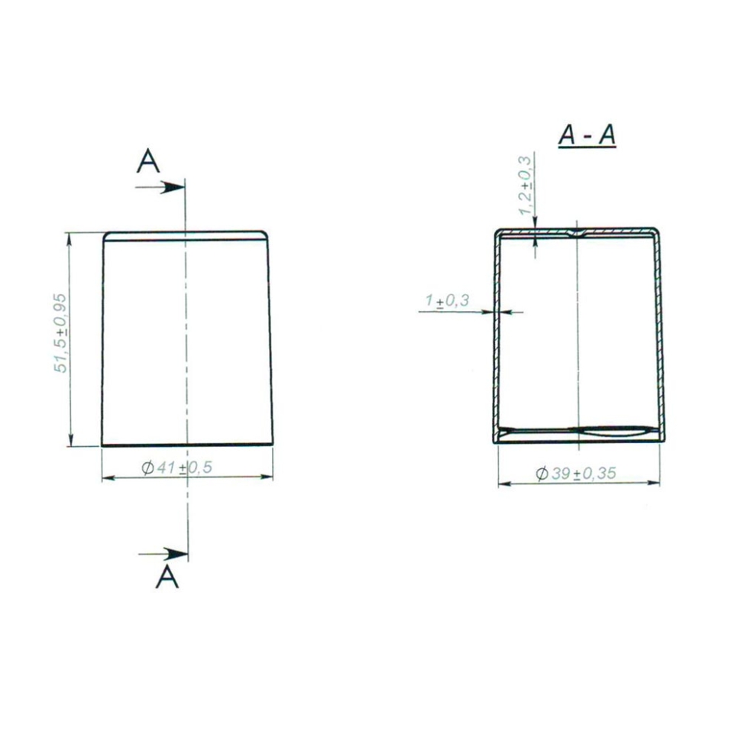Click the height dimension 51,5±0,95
60,333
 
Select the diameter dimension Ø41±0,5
176,468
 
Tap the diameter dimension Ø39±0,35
576,473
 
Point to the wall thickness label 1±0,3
447,300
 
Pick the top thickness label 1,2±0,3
526,185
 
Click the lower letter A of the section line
167,577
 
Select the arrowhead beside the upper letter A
173,188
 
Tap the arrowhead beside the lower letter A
176,554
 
